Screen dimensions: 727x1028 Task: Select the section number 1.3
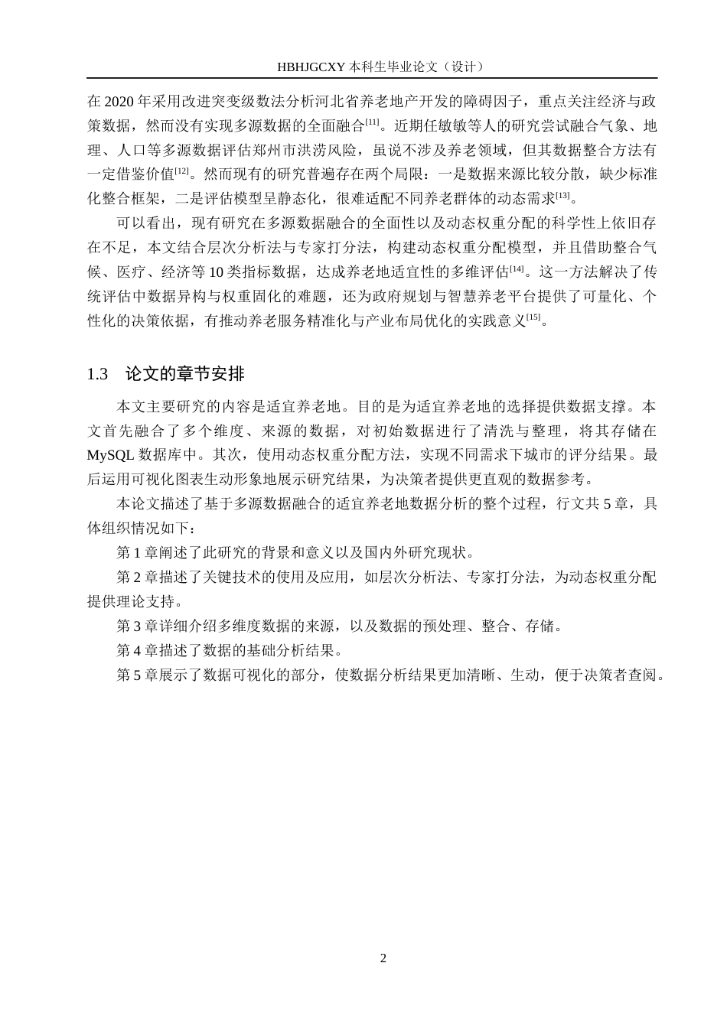click(97, 374)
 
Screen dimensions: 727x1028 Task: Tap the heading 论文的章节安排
click(184, 374)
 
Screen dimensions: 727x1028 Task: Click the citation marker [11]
click(373, 122)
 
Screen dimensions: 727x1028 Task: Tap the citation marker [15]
click(533, 317)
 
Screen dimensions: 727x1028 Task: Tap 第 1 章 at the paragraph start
click(135, 553)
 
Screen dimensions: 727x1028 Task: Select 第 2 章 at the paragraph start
click(135, 577)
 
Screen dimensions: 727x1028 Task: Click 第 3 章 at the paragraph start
click(135, 626)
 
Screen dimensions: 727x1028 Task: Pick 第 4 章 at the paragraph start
click(135, 651)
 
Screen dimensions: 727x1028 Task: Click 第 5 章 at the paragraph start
click(135, 675)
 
